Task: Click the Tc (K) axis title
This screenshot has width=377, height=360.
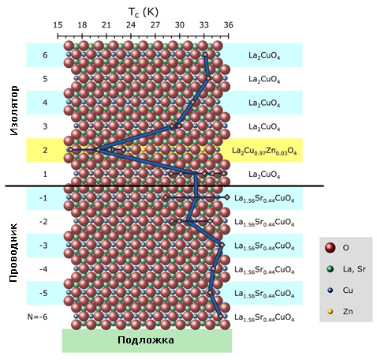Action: [x=144, y=12]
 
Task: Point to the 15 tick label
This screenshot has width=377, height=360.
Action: [x=58, y=25]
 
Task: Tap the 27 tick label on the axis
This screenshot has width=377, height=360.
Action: [x=155, y=25]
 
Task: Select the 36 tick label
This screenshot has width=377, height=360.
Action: [x=229, y=25]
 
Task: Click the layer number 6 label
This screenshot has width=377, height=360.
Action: [x=45, y=55]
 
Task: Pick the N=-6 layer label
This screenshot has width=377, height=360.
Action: [x=38, y=317]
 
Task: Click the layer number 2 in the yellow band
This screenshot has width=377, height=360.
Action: [x=45, y=150]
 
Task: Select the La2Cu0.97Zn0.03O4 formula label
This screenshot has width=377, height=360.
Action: [x=264, y=151]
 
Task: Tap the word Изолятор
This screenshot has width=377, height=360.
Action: [x=14, y=111]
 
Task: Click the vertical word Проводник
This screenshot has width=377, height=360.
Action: [x=13, y=253]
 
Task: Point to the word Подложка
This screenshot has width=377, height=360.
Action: [x=146, y=340]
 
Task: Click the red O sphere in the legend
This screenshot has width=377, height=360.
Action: [x=330, y=248]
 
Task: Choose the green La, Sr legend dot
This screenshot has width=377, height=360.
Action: [x=330, y=269]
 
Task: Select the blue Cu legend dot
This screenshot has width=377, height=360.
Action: [x=330, y=291]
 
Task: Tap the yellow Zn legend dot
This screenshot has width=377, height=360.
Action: [x=330, y=312]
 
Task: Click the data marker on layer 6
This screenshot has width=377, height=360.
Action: [x=205, y=54]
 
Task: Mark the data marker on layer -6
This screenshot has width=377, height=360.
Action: [x=221, y=317]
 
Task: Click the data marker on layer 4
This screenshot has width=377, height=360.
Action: [x=193, y=102]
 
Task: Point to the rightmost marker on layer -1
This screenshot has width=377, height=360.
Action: [x=227, y=197]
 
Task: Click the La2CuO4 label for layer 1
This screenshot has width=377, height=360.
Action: [x=264, y=174]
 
